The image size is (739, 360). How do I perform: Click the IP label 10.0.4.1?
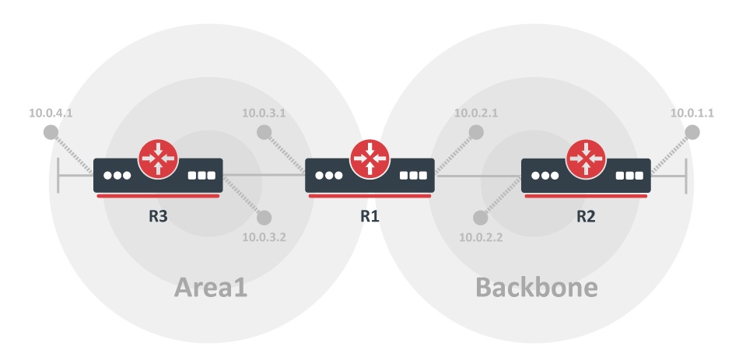51,113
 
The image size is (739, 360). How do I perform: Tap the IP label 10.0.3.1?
264,113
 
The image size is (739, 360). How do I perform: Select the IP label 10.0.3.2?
264,237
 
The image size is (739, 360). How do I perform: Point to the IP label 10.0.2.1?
476,113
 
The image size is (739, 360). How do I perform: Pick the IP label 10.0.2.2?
481,237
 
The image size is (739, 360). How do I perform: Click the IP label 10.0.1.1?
692,113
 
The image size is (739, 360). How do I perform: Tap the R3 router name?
159,216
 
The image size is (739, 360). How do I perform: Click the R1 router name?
369,216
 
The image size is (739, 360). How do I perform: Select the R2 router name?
586,216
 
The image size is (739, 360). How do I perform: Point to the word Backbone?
537,288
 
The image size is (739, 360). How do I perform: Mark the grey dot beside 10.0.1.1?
691,132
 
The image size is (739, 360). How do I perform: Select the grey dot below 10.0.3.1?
264,132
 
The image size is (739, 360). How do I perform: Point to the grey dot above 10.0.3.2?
264,218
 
